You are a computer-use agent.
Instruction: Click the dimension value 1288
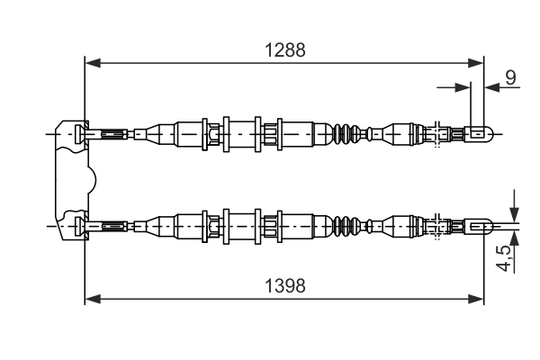[x=284, y=51]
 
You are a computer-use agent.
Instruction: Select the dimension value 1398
[x=284, y=286]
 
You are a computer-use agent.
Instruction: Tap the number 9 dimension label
[x=510, y=77]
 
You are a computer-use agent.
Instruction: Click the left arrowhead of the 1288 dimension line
[x=91, y=63]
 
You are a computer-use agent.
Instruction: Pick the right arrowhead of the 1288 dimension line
[x=478, y=63]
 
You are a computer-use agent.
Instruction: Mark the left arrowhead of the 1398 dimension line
[x=91, y=298]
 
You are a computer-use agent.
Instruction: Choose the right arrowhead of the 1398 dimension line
[x=478, y=298]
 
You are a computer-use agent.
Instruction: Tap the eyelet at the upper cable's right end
[x=480, y=134]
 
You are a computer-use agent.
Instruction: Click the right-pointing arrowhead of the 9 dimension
[x=463, y=87]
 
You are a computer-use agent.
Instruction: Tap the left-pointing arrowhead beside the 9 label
[x=491, y=87]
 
